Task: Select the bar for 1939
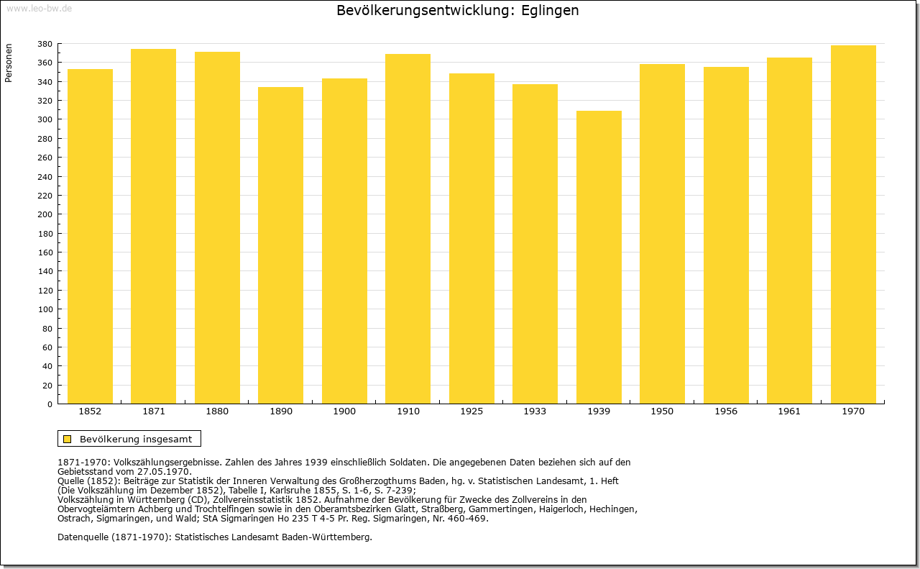pyautogui.click(x=599, y=258)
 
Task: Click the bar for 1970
pyautogui.click(x=853, y=224)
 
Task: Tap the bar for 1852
pyautogui.click(x=90, y=237)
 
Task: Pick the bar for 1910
pyautogui.click(x=408, y=229)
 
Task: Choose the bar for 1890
pyautogui.click(x=280, y=245)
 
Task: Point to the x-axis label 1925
pyautogui.click(x=471, y=411)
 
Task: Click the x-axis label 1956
pyautogui.click(x=726, y=411)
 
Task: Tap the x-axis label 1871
pyautogui.click(x=154, y=411)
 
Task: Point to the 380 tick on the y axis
pyautogui.click(x=45, y=44)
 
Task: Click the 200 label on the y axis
pyautogui.click(x=45, y=214)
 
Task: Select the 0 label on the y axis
pyautogui.click(x=50, y=404)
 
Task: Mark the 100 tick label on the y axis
pyautogui.click(x=45, y=309)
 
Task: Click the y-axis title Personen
pyautogui.click(x=8, y=63)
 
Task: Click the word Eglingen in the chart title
pyautogui.click(x=550, y=10)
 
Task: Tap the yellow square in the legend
pyautogui.click(x=68, y=439)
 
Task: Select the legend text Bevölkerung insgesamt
pyautogui.click(x=136, y=439)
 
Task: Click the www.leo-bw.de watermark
pyautogui.click(x=39, y=8)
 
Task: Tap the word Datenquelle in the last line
pyautogui.click(x=83, y=537)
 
